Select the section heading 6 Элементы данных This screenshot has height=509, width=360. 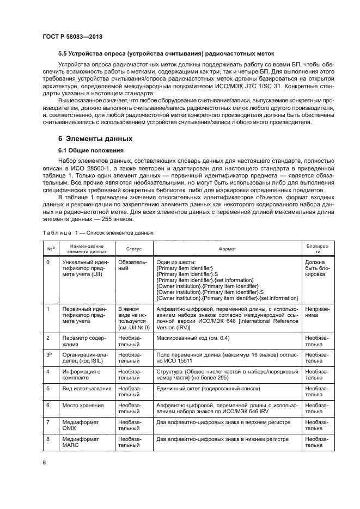tap(95, 138)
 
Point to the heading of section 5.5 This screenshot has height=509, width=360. tap(166, 53)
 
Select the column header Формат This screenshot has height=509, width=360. tap(227, 248)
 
